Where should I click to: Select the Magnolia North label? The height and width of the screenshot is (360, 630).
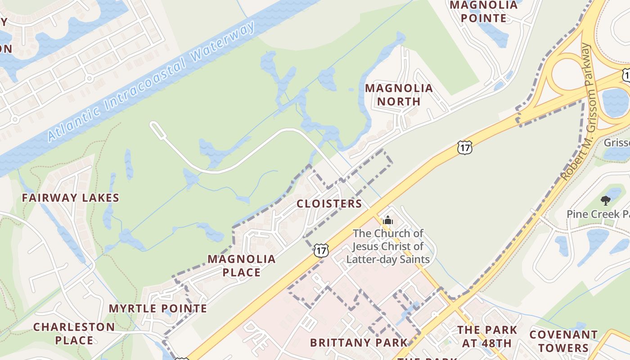399,94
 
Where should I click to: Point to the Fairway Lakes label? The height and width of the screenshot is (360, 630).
71,198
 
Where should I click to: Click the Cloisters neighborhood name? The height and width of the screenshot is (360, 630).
329,204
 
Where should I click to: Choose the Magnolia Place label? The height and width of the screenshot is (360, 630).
242,265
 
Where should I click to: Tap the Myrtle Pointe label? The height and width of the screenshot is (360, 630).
158,309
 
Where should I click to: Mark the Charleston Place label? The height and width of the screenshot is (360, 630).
74,333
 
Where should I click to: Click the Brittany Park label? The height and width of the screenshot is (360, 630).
359,342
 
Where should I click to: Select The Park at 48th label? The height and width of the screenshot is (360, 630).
487,336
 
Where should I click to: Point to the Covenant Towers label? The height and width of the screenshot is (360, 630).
563,341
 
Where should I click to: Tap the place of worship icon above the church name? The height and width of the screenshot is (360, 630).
388,220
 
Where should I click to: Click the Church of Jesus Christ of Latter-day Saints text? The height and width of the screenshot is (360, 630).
388,246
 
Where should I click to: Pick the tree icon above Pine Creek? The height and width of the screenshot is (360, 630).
606,201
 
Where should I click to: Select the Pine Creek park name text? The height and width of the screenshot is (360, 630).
598,214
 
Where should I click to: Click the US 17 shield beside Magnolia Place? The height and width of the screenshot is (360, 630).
321,251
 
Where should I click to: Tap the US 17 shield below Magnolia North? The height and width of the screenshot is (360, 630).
464,147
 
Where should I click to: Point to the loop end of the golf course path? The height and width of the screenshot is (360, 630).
156,128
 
